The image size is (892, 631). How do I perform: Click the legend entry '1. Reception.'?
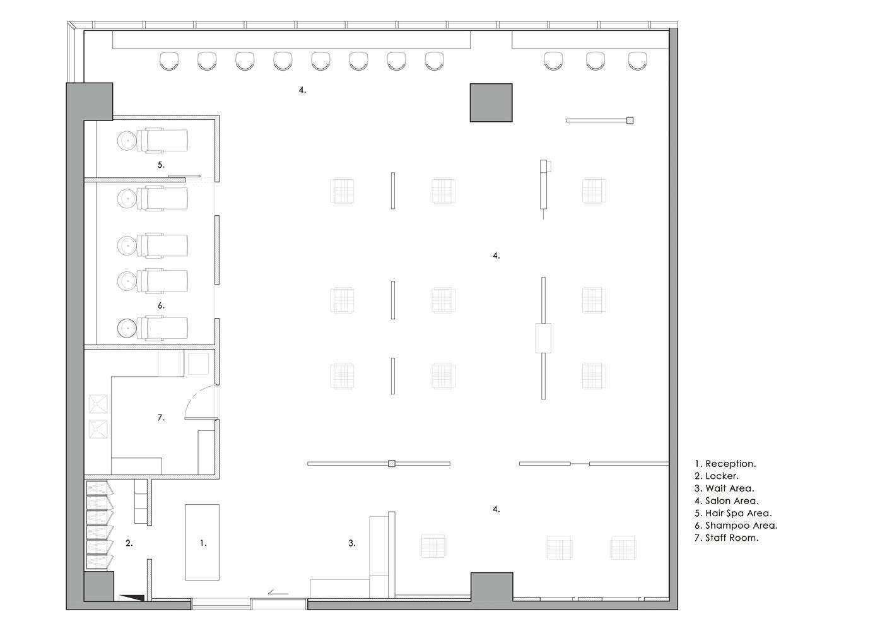725,464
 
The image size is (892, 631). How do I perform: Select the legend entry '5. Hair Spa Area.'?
733,513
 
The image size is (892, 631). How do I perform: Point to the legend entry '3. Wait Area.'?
724,488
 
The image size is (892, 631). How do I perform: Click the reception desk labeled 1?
202,542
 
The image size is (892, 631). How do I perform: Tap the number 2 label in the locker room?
129,543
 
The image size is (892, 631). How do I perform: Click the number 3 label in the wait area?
352,543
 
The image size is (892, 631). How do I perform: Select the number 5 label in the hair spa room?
161,165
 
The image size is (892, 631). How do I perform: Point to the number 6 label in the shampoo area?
161,305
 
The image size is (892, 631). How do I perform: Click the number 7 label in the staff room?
161,418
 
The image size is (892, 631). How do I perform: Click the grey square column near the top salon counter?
491,102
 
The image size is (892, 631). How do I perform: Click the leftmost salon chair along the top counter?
169,61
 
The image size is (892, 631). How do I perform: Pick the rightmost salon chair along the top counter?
637,61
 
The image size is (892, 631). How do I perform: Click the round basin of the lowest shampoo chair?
127,328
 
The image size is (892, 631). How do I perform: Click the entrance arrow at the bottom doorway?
278,593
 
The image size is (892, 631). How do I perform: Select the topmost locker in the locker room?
100,488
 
